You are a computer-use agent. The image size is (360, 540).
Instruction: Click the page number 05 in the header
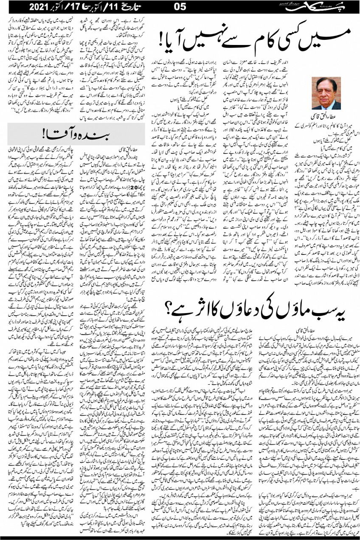click(180, 7)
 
